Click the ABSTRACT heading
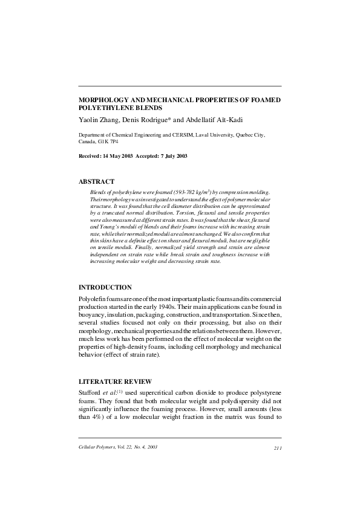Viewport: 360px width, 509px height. tap(97, 181)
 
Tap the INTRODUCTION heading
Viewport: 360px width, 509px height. tap(106, 287)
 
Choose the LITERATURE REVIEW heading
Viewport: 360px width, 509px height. tap(116, 381)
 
